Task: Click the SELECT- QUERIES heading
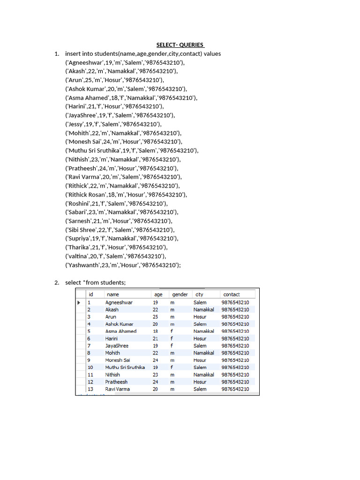pyautogui.click(x=180, y=45)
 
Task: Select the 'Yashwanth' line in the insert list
pyautogui.click(x=123, y=265)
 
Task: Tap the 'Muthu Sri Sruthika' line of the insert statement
pyautogui.click(x=132, y=150)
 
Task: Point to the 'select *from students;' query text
pyautogui.click(x=96, y=283)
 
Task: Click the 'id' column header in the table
pyautogui.click(x=91, y=294)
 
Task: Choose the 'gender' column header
pyautogui.click(x=180, y=294)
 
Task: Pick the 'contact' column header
pyautogui.click(x=232, y=294)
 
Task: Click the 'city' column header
pyautogui.click(x=199, y=294)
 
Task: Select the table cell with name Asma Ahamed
pyautogui.click(x=121, y=331)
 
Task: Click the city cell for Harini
pyautogui.click(x=200, y=338)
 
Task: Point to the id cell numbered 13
pyautogui.click(x=90, y=389)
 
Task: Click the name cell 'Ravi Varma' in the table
pyautogui.click(x=118, y=389)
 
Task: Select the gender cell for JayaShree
pyautogui.click(x=172, y=345)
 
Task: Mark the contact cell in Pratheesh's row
pyautogui.click(x=235, y=382)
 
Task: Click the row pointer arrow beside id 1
pyautogui.click(x=79, y=303)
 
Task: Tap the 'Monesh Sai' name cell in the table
pyautogui.click(x=118, y=360)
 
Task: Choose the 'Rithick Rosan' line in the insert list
pyautogui.click(x=126, y=195)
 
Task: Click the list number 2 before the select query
pyautogui.click(x=56, y=283)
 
